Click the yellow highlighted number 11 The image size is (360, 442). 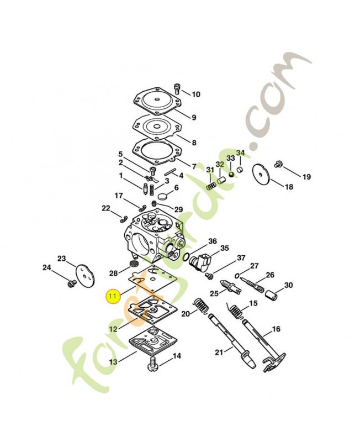(x=113, y=296)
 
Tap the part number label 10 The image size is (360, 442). (x=196, y=94)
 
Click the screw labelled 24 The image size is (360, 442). (x=70, y=284)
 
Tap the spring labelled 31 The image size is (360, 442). (x=210, y=186)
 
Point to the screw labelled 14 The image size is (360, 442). (x=153, y=365)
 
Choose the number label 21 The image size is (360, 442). (x=219, y=352)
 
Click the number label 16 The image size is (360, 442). (x=276, y=329)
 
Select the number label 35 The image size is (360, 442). (x=225, y=248)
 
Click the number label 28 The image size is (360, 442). (x=113, y=273)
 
